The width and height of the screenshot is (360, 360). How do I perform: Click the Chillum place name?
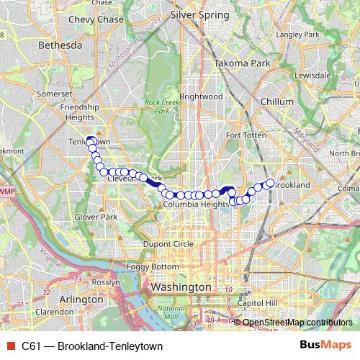[276, 102]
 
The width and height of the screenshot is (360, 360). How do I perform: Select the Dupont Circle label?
[167, 245]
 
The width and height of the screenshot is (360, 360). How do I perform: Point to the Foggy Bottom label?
[150, 267]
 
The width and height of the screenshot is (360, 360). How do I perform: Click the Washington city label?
[181, 287]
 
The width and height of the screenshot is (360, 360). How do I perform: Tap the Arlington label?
[82, 299]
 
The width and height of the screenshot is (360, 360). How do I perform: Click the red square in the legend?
[10, 346]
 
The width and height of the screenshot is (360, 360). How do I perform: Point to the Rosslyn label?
[106, 283]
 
